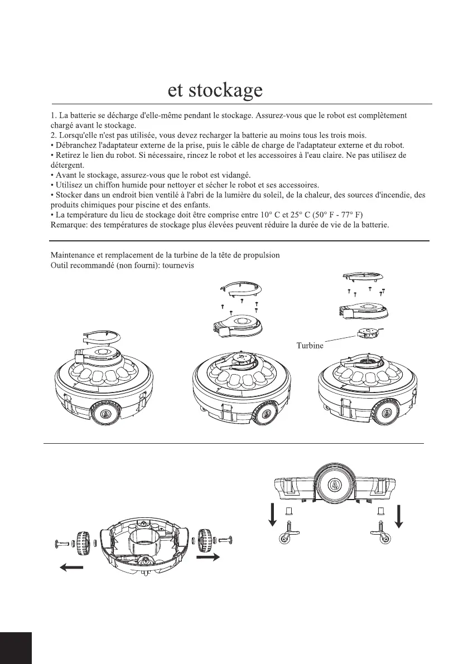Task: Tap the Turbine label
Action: (310, 346)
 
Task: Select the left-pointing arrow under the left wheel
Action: (71, 568)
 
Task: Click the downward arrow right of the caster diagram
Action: (399, 513)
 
